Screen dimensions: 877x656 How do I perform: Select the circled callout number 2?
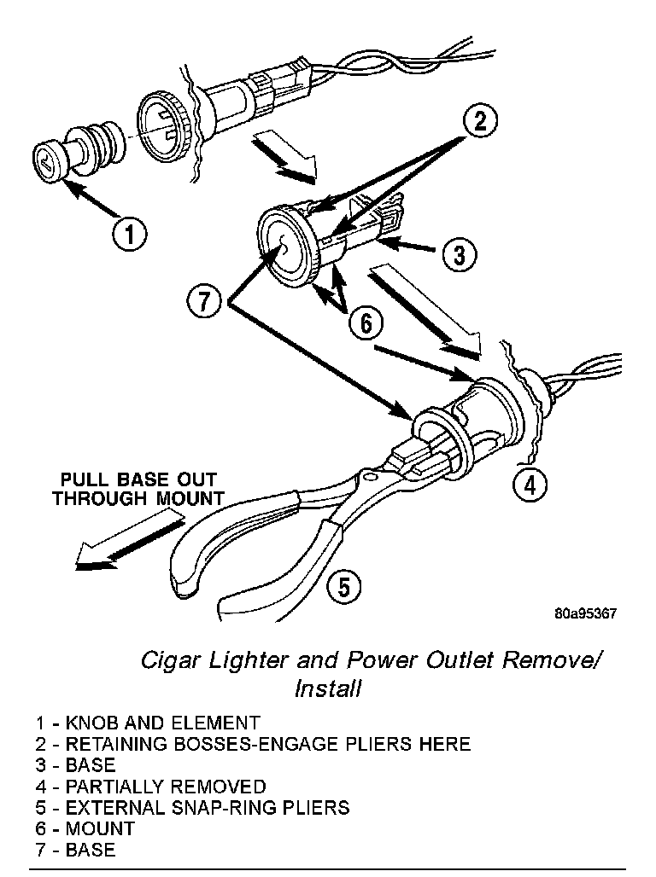pos(481,122)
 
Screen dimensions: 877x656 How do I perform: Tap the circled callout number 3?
pos(459,253)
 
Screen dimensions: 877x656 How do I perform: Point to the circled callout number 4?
pos(530,485)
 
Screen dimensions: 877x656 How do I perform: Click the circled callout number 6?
pos(365,322)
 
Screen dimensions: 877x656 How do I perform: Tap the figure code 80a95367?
pos(585,613)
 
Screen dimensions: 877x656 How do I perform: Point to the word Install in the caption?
pos(327,688)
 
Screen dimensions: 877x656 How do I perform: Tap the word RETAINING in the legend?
pos(123,744)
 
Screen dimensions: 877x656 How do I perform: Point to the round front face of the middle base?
pos(286,244)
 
